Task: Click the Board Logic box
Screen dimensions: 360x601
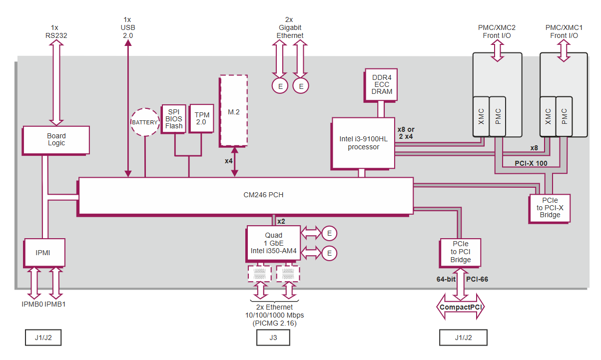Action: [x=56, y=140]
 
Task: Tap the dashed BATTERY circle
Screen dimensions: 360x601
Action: [x=145, y=122]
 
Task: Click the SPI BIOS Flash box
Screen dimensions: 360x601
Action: [x=174, y=118]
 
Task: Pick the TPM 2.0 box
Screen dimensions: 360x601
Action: [x=202, y=118]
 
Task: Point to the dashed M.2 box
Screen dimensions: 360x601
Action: [x=233, y=111]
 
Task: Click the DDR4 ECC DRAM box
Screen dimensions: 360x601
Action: [x=382, y=84]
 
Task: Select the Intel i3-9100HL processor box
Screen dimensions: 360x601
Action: [x=363, y=143]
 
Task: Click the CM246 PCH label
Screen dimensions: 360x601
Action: [x=260, y=195]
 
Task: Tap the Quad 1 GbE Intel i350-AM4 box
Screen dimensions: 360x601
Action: [x=273, y=243]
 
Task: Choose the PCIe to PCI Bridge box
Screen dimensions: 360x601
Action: [x=460, y=253]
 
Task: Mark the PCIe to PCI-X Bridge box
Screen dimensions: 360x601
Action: [x=549, y=208]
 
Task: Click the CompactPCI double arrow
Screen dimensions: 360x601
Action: [x=460, y=307]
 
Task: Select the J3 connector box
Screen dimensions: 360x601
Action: [x=273, y=338]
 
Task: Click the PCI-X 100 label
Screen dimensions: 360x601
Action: [x=532, y=163]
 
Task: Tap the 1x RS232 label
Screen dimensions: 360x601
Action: [x=56, y=31]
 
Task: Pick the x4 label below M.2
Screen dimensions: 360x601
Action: [x=229, y=161]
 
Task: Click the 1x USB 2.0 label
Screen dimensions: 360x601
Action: [x=128, y=28]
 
